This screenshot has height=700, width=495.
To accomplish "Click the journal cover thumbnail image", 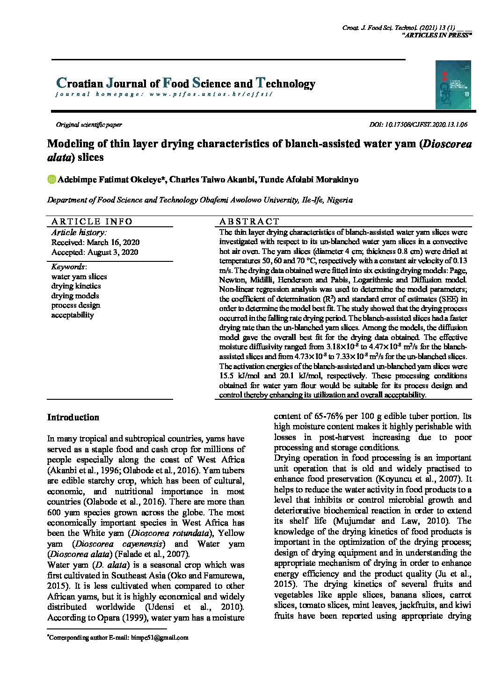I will coord(453,85).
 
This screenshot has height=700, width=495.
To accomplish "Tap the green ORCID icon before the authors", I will coord(51,180).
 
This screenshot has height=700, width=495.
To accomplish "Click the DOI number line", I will coord(418,125).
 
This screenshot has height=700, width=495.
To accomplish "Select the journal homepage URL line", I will coord(163,94).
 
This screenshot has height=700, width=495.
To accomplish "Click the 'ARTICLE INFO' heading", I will coord(92,222).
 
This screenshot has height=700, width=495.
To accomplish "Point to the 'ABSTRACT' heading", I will coord(249,222).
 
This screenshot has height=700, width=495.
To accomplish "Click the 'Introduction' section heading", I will coord(73,418).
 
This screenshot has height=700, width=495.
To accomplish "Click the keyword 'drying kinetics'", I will coord(76,286).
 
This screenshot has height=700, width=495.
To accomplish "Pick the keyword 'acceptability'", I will coord(73,315).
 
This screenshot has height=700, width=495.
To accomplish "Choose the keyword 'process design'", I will coord(76,305).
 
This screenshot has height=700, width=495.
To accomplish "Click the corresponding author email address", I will coord(160,637).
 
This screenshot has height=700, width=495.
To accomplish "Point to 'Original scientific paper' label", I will coord(89,125).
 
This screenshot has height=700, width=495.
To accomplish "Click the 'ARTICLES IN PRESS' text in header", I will coord(437,35).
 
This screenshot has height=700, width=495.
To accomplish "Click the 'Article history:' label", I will coord(79,232).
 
